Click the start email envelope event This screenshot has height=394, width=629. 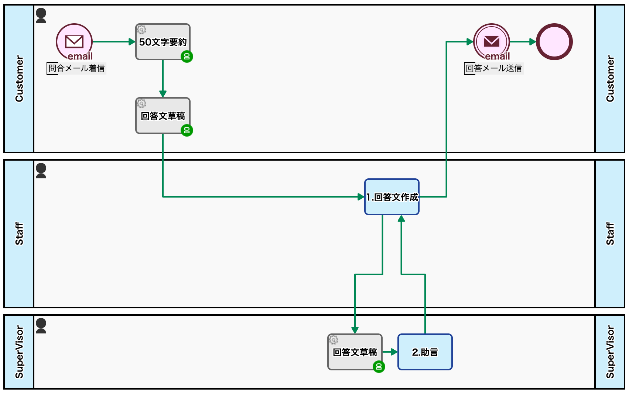click(x=74, y=42)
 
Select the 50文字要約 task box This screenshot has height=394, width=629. click(x=163, y=42)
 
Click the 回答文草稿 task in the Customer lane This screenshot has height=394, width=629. click(x=163, y=116)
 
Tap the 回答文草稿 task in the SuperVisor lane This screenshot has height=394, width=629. click(x=355, y=352)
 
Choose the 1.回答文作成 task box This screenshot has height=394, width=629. click(x=392, y=197)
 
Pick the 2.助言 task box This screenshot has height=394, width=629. click(x=425, y=352)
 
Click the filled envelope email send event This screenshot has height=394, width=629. click(x=491, y=42)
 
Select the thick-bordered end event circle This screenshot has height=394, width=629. click(x=554, y=42)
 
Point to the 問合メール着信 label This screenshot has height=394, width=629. click(x=76, y=68)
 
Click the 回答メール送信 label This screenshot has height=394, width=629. click(x=494, y=68)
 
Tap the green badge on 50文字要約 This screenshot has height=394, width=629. click(x=187, y=56)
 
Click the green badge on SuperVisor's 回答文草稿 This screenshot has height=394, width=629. click(x=379, y=367)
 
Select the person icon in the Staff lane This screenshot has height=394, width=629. click(x=41, y=171)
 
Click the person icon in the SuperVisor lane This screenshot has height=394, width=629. click(x=41, y=326)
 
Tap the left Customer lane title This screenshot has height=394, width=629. click(x=19, y=79)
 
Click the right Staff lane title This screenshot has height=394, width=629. click(x=610, y=234)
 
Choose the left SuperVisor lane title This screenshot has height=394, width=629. click(x=19, y=352)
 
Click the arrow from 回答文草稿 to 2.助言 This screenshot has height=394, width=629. click(x=390, y=352)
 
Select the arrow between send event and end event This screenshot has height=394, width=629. click(x=523, y=42)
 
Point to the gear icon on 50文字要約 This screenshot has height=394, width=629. click(x=141, y=29)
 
